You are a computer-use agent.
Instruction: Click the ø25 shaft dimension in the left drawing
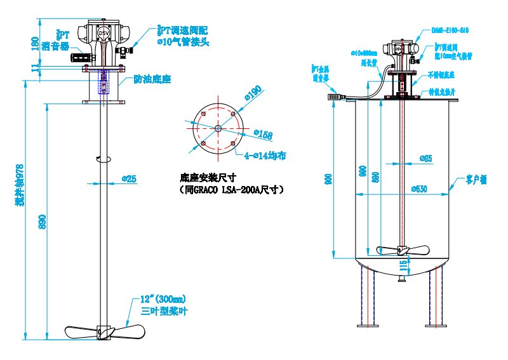(x=129, y=179)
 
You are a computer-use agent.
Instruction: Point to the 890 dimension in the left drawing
(x=43, y=218)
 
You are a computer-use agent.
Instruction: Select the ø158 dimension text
(x=263, y=134)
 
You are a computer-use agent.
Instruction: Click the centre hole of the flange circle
(x=218, y=128)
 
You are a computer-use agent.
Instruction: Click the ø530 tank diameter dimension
(x=419, y=188)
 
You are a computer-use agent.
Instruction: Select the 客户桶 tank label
(x=476, y=180)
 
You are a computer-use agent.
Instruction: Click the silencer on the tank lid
(x=335, y=97)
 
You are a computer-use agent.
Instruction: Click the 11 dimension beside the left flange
(x=36, y=66)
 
